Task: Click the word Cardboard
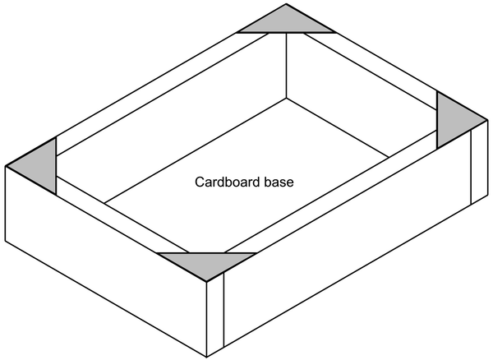228,182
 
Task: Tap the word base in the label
279,182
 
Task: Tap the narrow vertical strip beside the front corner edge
215,315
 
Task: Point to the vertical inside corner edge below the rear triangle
286,66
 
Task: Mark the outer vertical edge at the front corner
206,319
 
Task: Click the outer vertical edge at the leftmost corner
6,203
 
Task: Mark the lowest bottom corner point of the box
206,358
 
